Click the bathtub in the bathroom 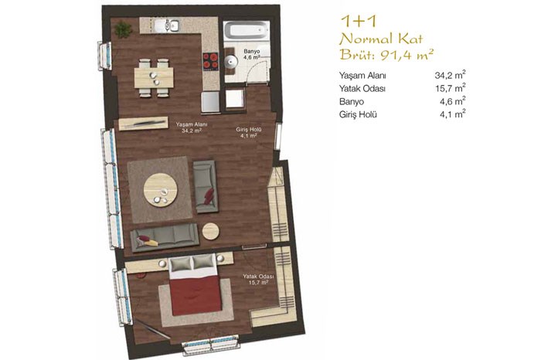pyautogui.click(x=246, y=31)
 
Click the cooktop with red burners pyautogui.click(x=210, y=61)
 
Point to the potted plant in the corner pyautogui.click(x=123, y=29)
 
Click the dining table pyautogui.click(x=154, y=77)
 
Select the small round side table pyautogui.click(x=210, y=231)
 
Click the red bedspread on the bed pyautogui.click(x=196, y=295)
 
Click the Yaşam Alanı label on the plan pyautogui.click(x=192, y=124)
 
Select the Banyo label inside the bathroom pyautogui.click(x=251, y=52)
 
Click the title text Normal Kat pyautogui.click(x=381, y=39)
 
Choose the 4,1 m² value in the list pyautogui.click(x=453, y=114)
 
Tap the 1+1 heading pyautogui.click(x=358, y=22)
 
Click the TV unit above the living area pyautogui.click(x=144, y=124)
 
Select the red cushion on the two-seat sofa pyautogui.click(x=209, y=196)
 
